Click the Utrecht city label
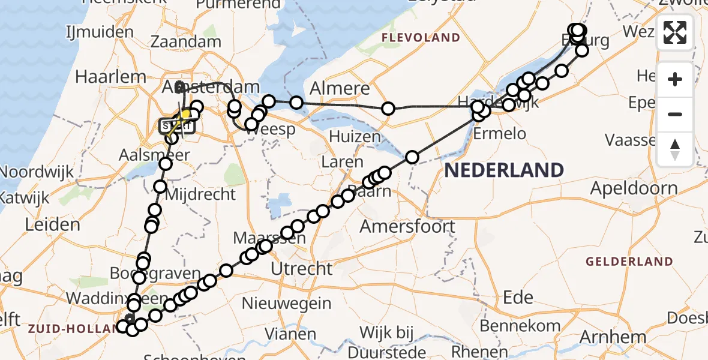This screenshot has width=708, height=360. click(x=301, y=268)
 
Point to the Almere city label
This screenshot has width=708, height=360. click(x=340, y=89)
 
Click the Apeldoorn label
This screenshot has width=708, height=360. click(x=634, y=188)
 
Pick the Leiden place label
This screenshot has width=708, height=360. click(x=52, y=225)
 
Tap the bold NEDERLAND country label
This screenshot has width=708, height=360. click(x=504, y=170)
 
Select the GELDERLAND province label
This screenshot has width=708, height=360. click(x=629, y=261)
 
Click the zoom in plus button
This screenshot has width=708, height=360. click(x=675, y=79)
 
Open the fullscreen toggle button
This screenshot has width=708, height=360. click(x=675, y=32)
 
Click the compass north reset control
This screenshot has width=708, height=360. click(x=675, y=149)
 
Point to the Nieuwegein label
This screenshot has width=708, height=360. click(x=291, y=303)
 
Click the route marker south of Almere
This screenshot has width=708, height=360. click(x=388, y=109)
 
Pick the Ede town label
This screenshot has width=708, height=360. click(x=518, y=297)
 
